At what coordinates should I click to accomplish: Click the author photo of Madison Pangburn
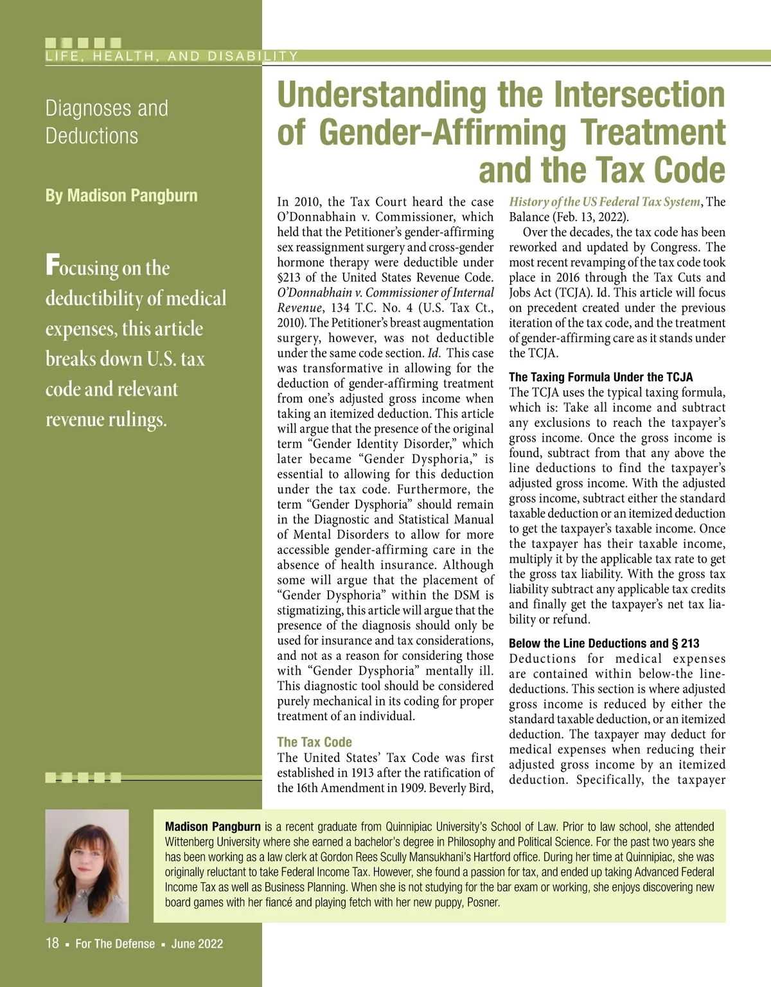pyautogui.click(x=87, y=865)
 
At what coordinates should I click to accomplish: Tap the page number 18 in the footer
pyautogui.click(x=52, y=943)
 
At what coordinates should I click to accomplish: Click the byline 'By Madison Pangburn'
pyautogui.click(x=121, y=195)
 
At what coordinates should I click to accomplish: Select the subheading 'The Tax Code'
pyautogui.click(x=314, y=742)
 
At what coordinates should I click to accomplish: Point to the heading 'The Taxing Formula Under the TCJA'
pyautogui.click(x=601, y=377)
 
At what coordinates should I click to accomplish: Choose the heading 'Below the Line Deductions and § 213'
pyautogui.click(x=604, y=644)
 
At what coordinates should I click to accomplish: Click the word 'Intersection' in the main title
pyautogui.click(x=639, y=95)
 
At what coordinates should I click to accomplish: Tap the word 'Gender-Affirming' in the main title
pyautogui.click(x=442, y=132)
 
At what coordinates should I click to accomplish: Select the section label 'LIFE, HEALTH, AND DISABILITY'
pyautogui.click(x=172, y=56)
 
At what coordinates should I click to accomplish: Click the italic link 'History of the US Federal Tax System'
pyautogui.click(x=604, y=202)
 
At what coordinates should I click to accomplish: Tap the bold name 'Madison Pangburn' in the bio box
pyautogui.click(x=213, y=827)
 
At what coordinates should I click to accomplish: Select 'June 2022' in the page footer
pyautogui.click(x=197, y=944)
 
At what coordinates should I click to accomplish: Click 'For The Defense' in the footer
pyautogui.click(x=115, y=944)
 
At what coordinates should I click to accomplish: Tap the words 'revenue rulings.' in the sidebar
pyautogui.click(x=106, y=419)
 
